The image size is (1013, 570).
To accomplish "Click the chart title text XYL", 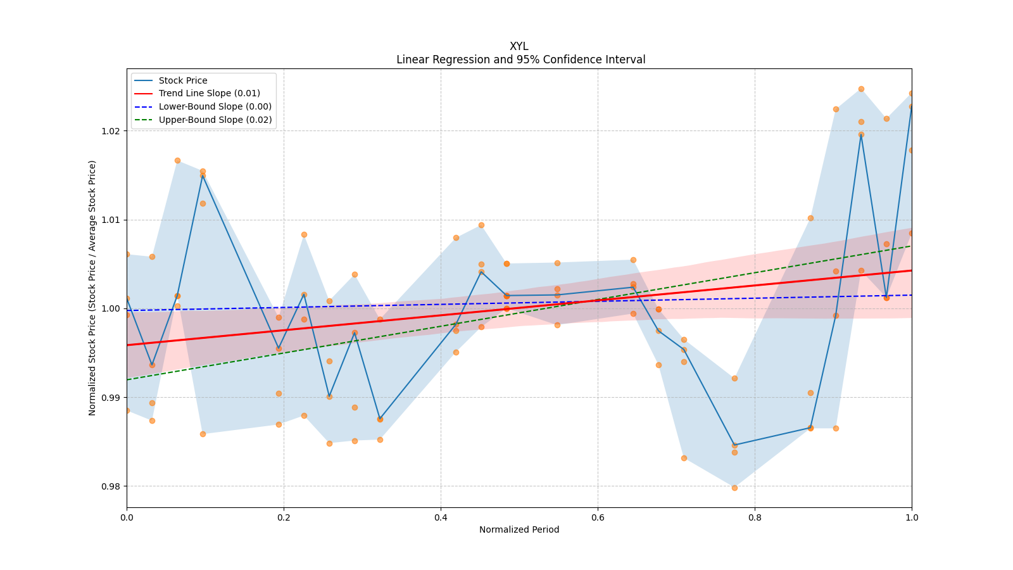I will pyautogui.click(x=519, y=46).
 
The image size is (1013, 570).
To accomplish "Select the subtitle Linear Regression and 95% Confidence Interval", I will pyautogui.click(x=520, y=60).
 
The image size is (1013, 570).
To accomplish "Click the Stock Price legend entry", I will pyautogui.click(x=183, y=80).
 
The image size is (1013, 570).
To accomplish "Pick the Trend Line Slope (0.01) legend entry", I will pyautogui.click(x=209, y=94).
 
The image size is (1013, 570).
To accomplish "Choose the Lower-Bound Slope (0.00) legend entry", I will pyautogui.click(x=215, y=106).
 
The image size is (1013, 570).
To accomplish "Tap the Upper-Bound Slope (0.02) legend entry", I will pyautogui.click(x=215, y=120).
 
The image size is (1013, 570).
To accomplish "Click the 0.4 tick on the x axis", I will pyautogui.click(x=441, y=517).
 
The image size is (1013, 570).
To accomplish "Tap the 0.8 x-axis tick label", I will pyautogui.click(x=755, y=517).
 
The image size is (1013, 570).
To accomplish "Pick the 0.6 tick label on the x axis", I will pyautogui.click(x=598, y=517).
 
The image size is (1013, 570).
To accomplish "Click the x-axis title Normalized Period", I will pyautogui.click(x=519, y=529).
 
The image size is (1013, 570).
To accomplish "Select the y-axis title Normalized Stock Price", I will pyautogui.click(x=92, y=288).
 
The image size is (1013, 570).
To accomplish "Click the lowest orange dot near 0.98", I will pyautogui.click(x=734, y=488).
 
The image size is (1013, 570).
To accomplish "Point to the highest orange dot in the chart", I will pyautogui.click(x=861, y=89).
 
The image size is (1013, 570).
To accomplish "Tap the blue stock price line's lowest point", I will pyautogui.click(x=734, y=445).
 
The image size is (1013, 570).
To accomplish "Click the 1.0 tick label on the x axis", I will pyautogui.click(x=912, y=517).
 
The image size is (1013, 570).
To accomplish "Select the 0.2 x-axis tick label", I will pyautogui.click(x=284, y=517).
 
